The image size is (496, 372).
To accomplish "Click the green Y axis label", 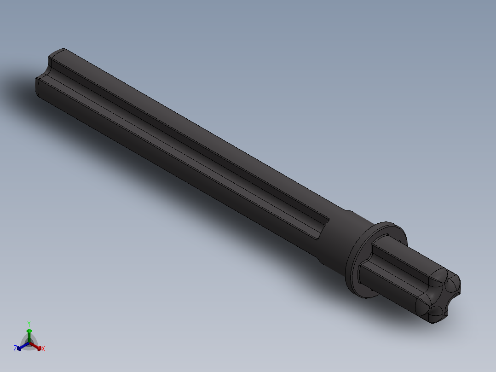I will point(29,323).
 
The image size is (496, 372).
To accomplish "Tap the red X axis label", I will point(43,349).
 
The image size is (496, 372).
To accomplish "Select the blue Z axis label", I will point(15,349).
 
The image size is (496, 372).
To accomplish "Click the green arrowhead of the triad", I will point(29,331).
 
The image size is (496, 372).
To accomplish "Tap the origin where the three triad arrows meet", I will point(29,343).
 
